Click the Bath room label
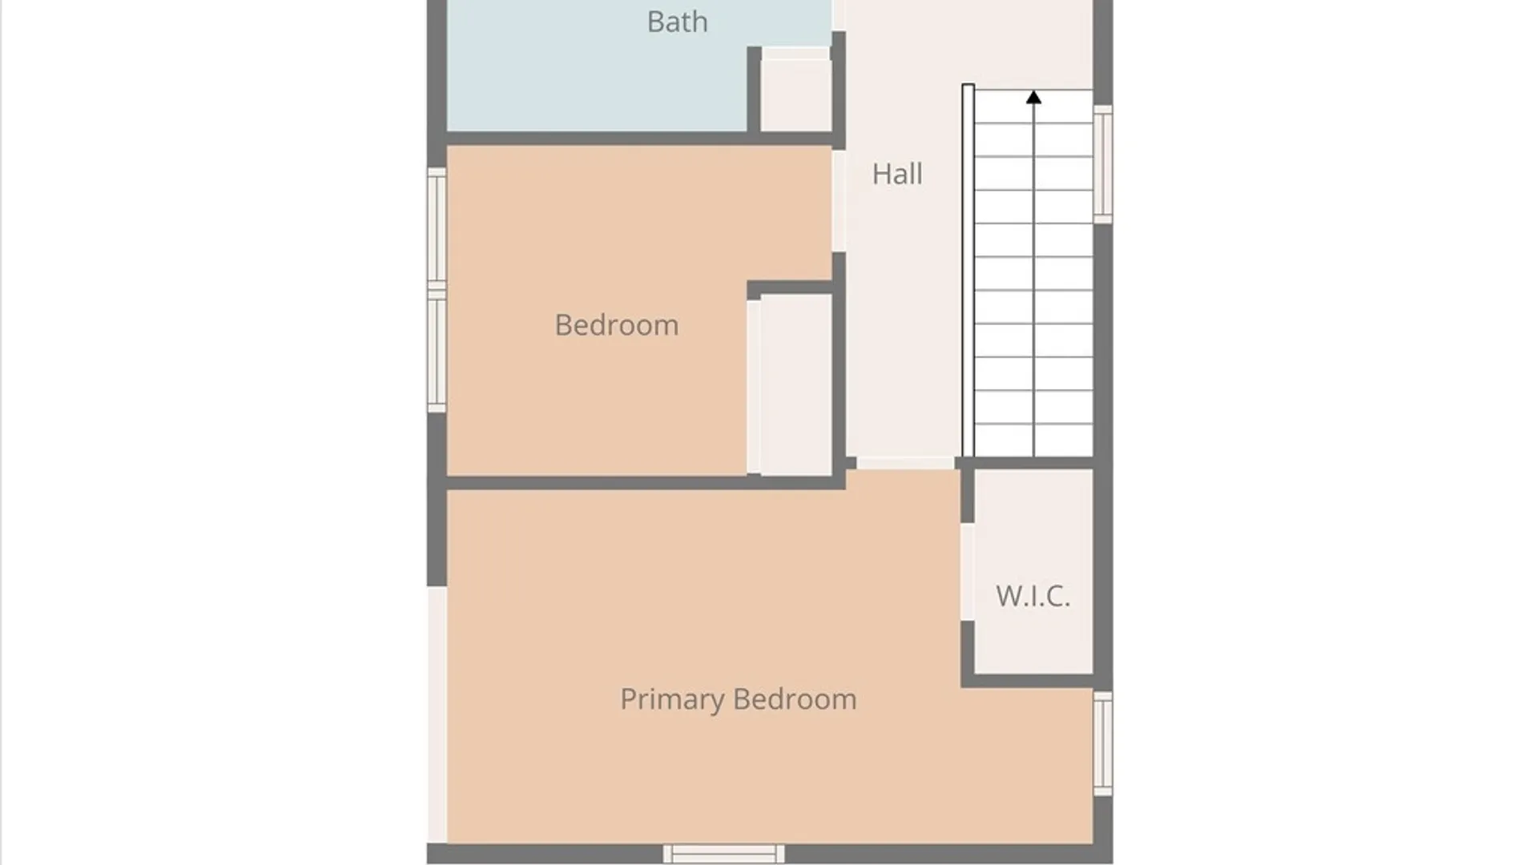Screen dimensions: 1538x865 (x=678, y=22)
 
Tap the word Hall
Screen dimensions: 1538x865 (x=897, y=174)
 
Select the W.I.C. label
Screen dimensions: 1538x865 (x=1033, y=596)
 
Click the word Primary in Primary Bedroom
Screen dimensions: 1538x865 (x=672, y=699)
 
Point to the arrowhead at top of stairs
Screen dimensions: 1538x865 (x=1034, y=98)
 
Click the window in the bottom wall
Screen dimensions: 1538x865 (x=724, y=854)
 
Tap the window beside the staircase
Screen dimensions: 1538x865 (x=1103, y=164)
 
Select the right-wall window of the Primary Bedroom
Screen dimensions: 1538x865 (x=1103, y=743)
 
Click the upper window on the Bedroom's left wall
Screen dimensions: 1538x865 (x=437, y=228)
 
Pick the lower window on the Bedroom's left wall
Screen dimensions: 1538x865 (x=437, y=351)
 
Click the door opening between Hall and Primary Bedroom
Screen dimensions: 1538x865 (x=905, y=463)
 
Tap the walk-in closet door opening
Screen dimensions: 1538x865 (x=968, y=572)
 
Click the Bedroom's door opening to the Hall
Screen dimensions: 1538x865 (x=839, y=201)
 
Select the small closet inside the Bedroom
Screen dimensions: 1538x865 (x=796, y=384)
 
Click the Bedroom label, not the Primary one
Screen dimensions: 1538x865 (x=617, y=325)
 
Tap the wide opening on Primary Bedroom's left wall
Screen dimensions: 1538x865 (x=437, y=714)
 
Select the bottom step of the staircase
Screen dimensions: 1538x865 (x=1033, y=441)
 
